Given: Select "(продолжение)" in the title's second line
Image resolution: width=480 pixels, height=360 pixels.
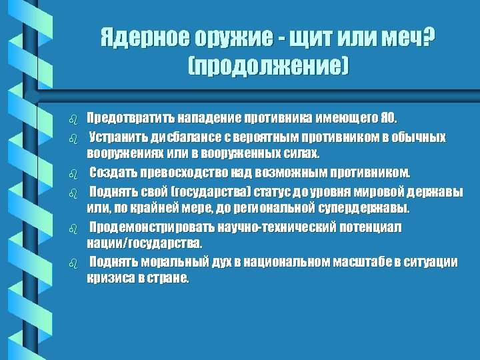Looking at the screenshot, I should click(269, 66).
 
